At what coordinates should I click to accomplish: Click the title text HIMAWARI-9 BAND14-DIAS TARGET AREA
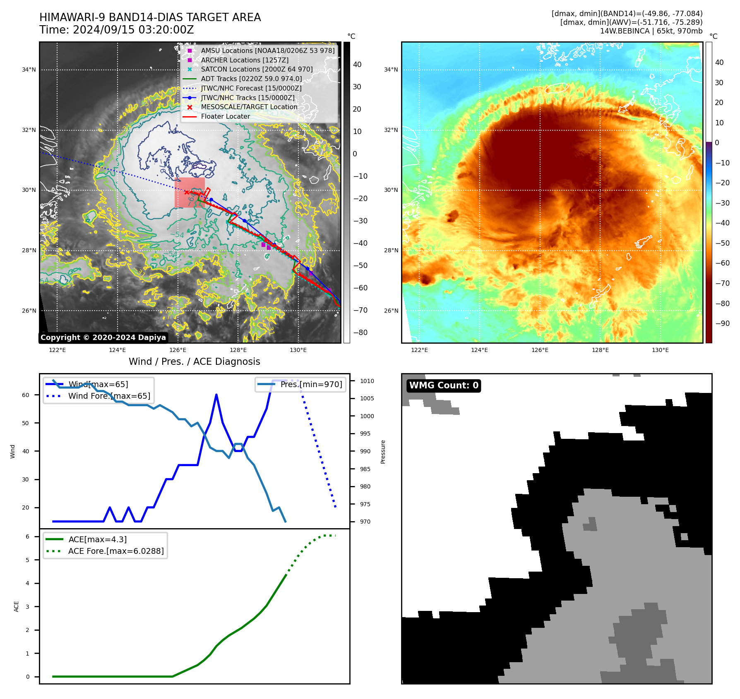click(150, 17)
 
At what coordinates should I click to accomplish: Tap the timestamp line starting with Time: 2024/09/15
click(116, 30)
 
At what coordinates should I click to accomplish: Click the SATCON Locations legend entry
click(257, 69)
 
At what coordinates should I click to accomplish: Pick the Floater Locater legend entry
click(225, 116)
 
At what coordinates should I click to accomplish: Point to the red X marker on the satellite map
click(187, 192)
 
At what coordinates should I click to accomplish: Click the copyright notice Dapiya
click(103, 338)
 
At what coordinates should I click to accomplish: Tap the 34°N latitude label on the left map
click(29, 69)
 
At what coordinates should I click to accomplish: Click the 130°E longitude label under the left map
click(298, 350)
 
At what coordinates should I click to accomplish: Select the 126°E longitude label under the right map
click(540, 350)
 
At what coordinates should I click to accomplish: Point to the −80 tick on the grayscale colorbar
click(360, 333)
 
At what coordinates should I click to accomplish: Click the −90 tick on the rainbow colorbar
click(722, 323)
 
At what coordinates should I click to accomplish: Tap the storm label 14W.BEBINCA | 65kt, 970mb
click(651, 31)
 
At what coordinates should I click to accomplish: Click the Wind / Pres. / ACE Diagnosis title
click(194, 361)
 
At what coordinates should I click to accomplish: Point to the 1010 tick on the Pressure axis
click(367, 381)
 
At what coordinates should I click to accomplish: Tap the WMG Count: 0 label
click(444, 385)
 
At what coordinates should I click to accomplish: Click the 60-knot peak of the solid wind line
click(216, 395)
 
